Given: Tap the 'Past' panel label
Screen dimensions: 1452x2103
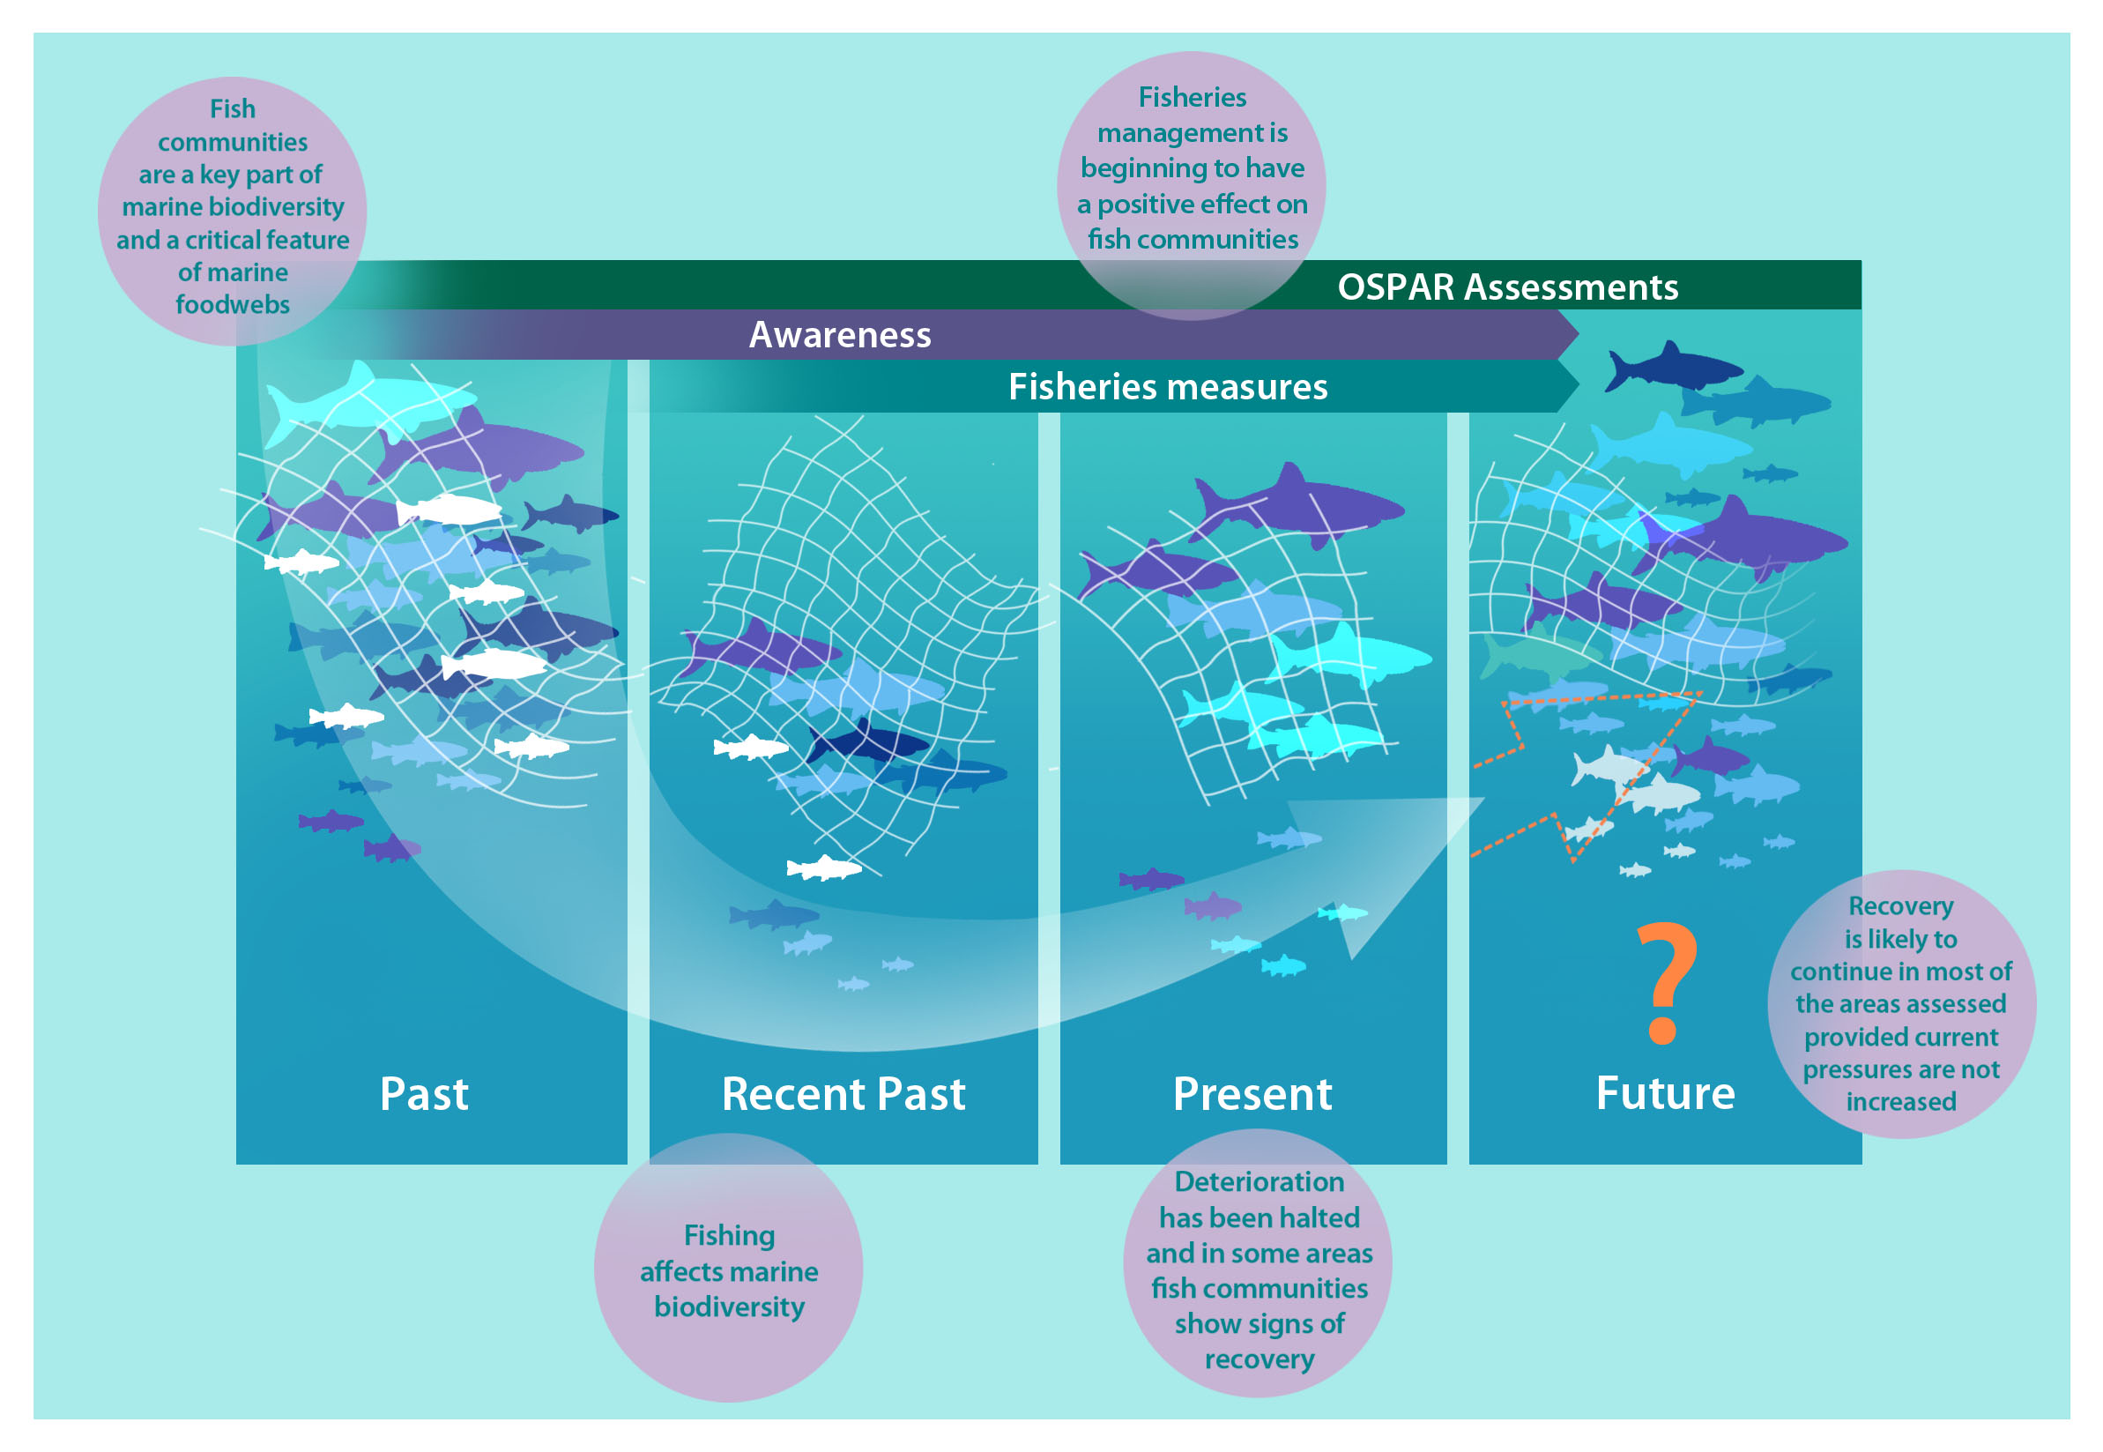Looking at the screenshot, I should pos(424,1092).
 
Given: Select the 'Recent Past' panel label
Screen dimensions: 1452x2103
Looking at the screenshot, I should pos(843,1092).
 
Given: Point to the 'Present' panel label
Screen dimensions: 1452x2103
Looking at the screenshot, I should pos(1252,1092).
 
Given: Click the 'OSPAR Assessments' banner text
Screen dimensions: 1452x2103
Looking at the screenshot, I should pos(1507,287).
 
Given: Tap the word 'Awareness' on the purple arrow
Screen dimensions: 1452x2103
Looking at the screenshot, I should pos(840,335).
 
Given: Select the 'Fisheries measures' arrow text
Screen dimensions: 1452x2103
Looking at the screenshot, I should pos(1168,387).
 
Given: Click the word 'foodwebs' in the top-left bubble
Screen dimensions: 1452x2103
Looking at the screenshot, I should pos(233,305).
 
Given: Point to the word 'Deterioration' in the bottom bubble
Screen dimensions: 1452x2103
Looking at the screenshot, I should pos(1259,1182).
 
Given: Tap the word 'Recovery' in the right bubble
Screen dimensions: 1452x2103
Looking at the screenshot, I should pos(1900,906).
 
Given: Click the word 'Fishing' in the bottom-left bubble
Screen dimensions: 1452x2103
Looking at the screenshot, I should pos(729,1235).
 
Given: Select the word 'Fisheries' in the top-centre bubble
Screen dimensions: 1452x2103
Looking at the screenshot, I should pos(1192,97).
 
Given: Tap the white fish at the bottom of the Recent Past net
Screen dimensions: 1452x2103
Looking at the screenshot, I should pos(824,867).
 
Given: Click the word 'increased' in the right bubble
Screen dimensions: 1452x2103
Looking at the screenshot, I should pos(1900,1102).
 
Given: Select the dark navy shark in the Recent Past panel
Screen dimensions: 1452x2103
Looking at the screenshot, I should pos(866,742).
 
